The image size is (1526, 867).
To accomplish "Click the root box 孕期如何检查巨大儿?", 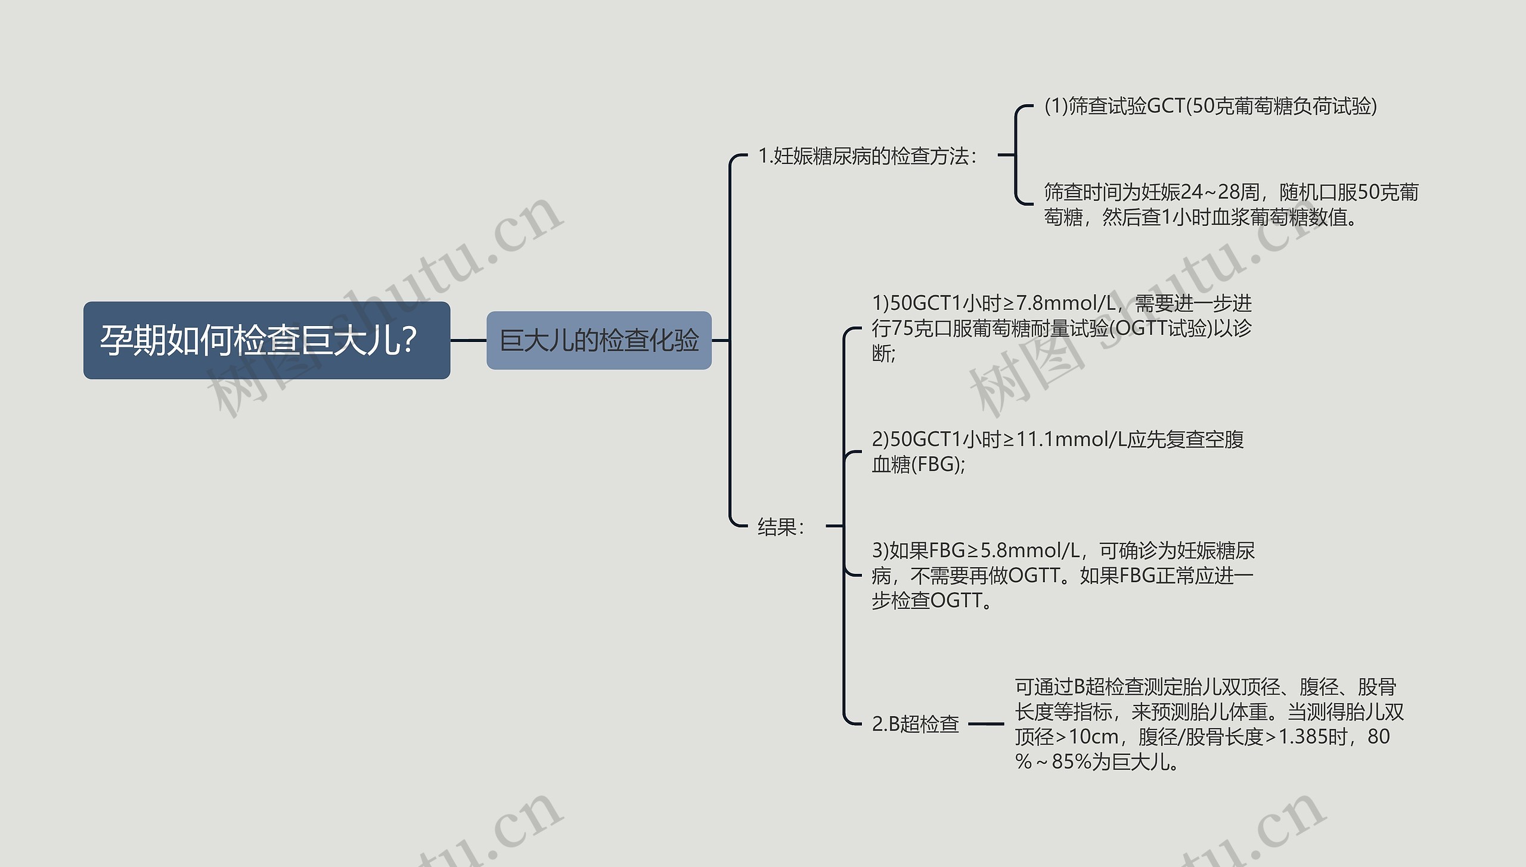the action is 266,340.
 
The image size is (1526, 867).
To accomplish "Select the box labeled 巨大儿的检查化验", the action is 598,340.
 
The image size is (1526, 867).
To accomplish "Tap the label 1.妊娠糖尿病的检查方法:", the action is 867,156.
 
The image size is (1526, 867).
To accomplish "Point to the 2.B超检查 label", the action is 915,724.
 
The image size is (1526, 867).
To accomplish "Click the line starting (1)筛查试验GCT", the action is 1210,106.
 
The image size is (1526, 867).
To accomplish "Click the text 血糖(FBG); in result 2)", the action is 918,465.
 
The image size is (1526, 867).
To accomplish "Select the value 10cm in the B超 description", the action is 1093,737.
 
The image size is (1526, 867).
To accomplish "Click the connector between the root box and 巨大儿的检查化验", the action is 468,340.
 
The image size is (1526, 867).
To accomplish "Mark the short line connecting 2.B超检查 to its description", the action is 986,724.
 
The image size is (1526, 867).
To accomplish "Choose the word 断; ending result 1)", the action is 883,353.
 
